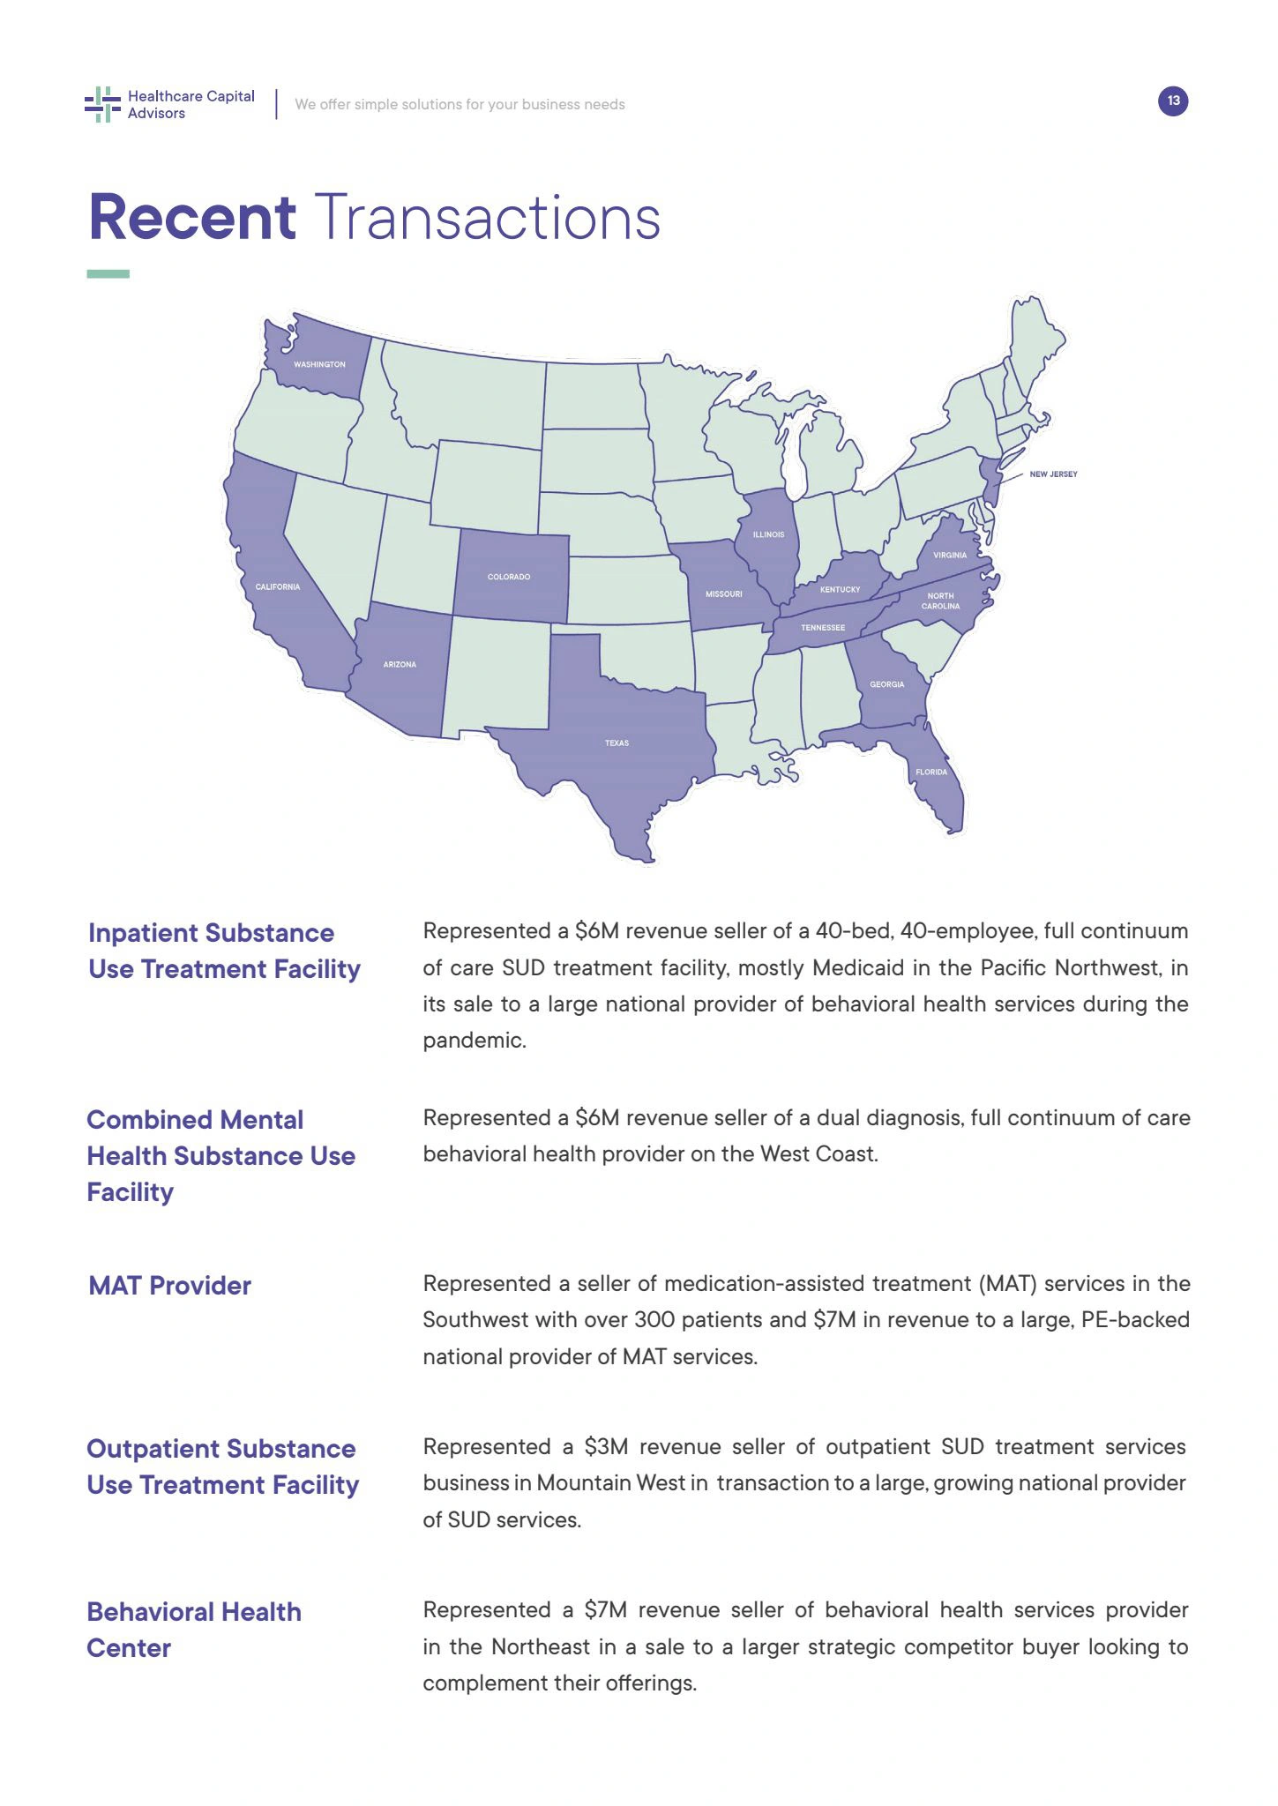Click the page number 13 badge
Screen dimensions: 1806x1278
[1173, 101]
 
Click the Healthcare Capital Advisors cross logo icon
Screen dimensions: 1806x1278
[102, 104]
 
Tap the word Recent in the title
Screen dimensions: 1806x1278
[192, 218]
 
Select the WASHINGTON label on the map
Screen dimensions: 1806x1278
[319, 364]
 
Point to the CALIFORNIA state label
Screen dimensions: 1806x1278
[278, 587]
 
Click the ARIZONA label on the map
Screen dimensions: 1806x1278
[400, 665]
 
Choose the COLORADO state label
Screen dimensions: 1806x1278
[509, 577]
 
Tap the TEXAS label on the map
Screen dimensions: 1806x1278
[617, 743]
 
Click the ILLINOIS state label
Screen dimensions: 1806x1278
[768, 535]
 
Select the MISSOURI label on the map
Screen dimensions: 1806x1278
[723, 594]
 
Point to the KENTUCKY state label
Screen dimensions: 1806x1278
[840, 590]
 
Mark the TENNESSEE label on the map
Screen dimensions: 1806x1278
[822, 628]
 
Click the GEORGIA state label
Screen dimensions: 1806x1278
[886, 684]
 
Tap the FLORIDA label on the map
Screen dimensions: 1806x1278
[931, 772]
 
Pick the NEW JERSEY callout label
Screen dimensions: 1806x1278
[1053, 474]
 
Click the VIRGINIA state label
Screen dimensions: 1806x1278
[950, 556]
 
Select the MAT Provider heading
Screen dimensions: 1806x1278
[169, 1286]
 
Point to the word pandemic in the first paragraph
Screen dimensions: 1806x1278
[473, 1041]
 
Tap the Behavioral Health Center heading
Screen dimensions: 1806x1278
[193, 1630]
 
